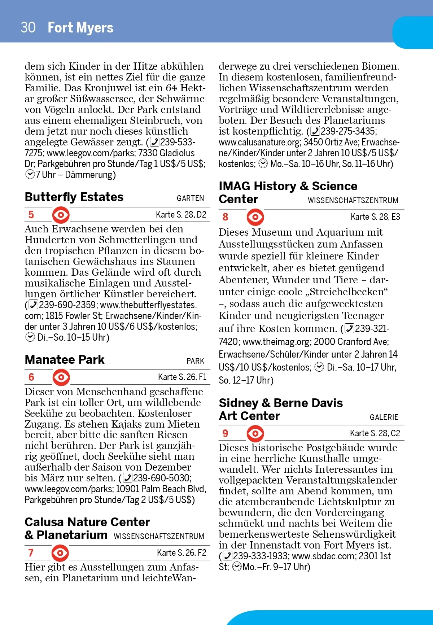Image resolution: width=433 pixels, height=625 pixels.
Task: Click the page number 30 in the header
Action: (x=28, y=27)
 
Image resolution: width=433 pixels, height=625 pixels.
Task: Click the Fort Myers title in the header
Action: (x=80, y=27)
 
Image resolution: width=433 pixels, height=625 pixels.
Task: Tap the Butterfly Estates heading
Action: (x=74, y=197)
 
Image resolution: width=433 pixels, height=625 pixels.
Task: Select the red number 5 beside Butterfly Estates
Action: (x=31, y=215)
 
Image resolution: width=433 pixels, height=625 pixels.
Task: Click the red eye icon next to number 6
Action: (x=61, y=377)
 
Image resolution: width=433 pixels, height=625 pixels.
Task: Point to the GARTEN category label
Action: (x=190, y=198)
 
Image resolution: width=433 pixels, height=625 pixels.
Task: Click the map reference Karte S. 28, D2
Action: (x=181, y=215)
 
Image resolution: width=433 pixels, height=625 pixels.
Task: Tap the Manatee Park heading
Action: (x=65, y=360)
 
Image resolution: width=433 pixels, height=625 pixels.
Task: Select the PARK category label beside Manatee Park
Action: (x=195, y=361)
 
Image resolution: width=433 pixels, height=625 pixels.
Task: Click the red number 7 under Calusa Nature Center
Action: (x=31, y=553)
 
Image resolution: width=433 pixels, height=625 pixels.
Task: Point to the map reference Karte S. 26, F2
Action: (x=181, y=553)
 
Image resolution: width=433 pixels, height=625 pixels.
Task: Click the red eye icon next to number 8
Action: (x=255, y=217)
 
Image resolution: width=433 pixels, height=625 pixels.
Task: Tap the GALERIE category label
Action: (x=384, y=417)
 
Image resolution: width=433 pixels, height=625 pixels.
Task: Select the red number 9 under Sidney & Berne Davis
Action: (x=226, y=433)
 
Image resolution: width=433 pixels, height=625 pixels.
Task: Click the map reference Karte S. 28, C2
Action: (x=375, y=433)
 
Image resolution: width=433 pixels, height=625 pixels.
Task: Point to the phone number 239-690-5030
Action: (x=162, y=478)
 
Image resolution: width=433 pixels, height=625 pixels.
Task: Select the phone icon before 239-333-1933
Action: (x=227, y=556)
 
